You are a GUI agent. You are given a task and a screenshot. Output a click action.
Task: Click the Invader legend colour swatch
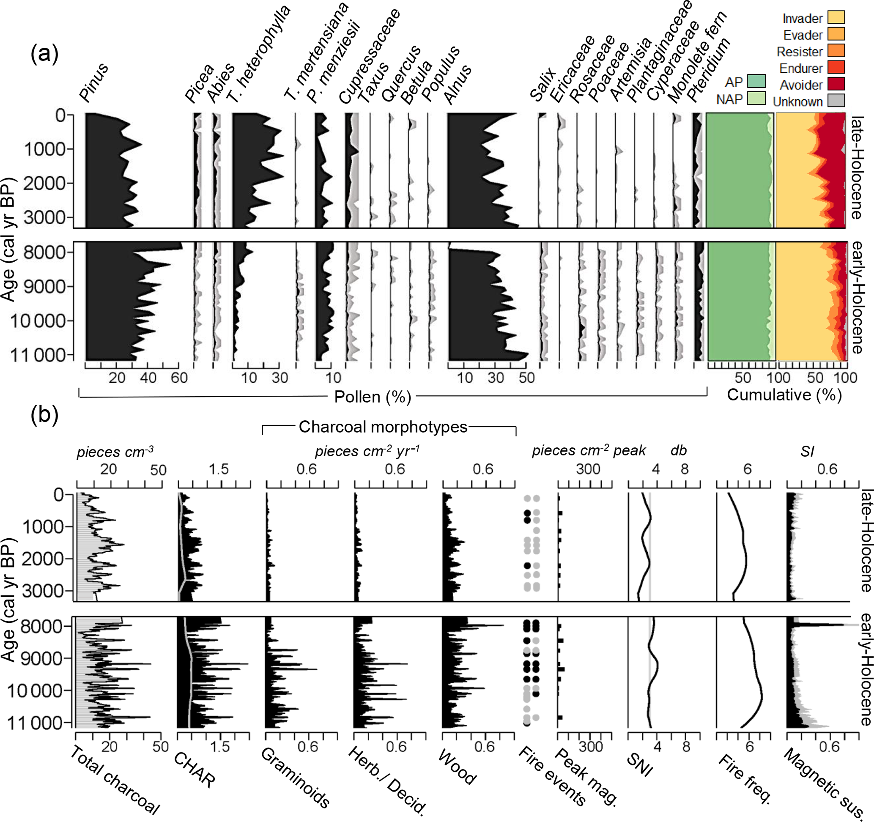pos(836,18)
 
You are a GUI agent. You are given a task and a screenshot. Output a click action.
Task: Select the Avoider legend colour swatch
pos(836,84)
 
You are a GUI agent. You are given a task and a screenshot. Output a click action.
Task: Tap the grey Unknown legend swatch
pos(836,101)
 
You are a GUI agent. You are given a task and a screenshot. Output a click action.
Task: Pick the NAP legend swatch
pos(756,98)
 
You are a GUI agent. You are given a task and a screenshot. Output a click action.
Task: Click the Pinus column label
pos(93,82)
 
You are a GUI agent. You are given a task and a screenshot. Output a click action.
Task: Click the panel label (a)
pos(44,55)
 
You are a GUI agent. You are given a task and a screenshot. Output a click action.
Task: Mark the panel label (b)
pos(44,414)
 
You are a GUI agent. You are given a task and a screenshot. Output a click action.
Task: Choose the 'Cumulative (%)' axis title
pos(784,395)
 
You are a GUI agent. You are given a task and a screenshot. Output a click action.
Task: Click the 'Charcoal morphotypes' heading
pos(383,427)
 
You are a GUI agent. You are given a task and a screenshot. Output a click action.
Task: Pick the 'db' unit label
pos(678,451)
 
